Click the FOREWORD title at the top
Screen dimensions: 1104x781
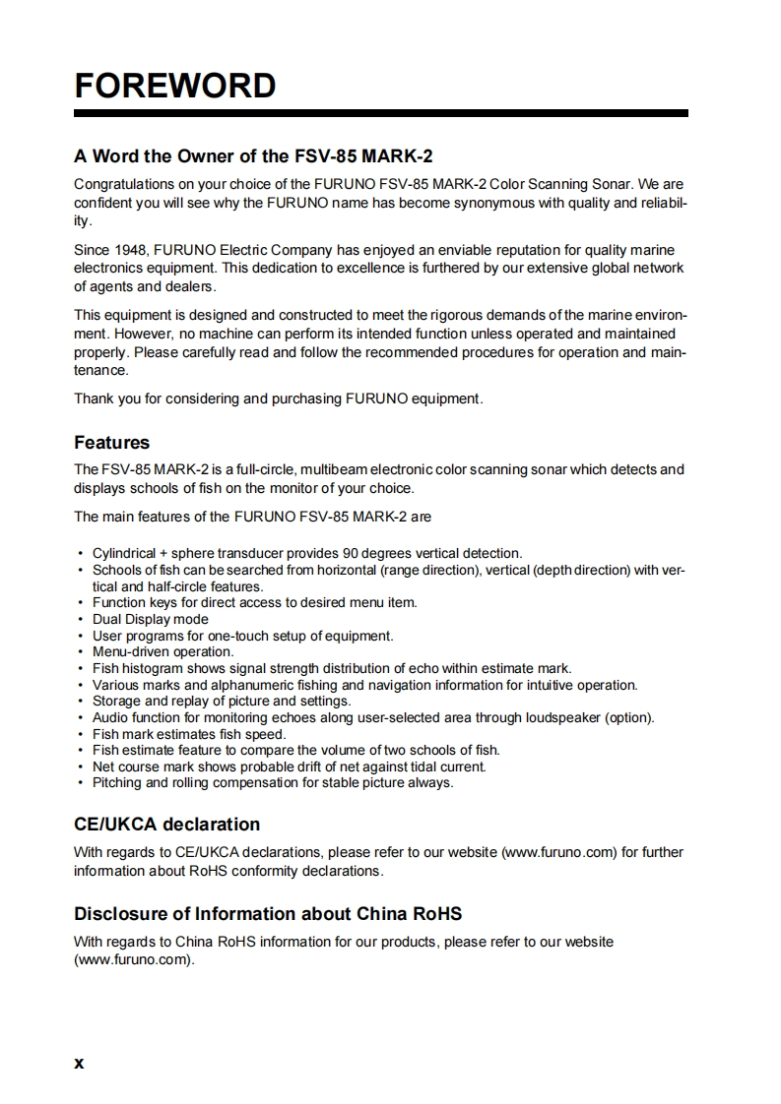coord(175,86)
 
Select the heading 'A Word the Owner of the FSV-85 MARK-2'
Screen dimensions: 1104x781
coord(253,156)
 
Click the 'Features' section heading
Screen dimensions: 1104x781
coord(112,443)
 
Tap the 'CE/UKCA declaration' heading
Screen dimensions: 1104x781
coord(167,824)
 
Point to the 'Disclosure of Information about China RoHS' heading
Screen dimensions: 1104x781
coord(268,914)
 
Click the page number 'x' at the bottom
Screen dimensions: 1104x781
coord(80,1063)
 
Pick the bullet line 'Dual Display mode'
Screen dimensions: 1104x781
coord(151,619)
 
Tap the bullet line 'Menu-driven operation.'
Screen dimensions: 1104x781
coord(163,651)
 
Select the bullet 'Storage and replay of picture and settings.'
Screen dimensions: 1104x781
coord(222,701)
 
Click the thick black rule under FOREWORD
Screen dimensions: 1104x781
coord(380,114)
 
